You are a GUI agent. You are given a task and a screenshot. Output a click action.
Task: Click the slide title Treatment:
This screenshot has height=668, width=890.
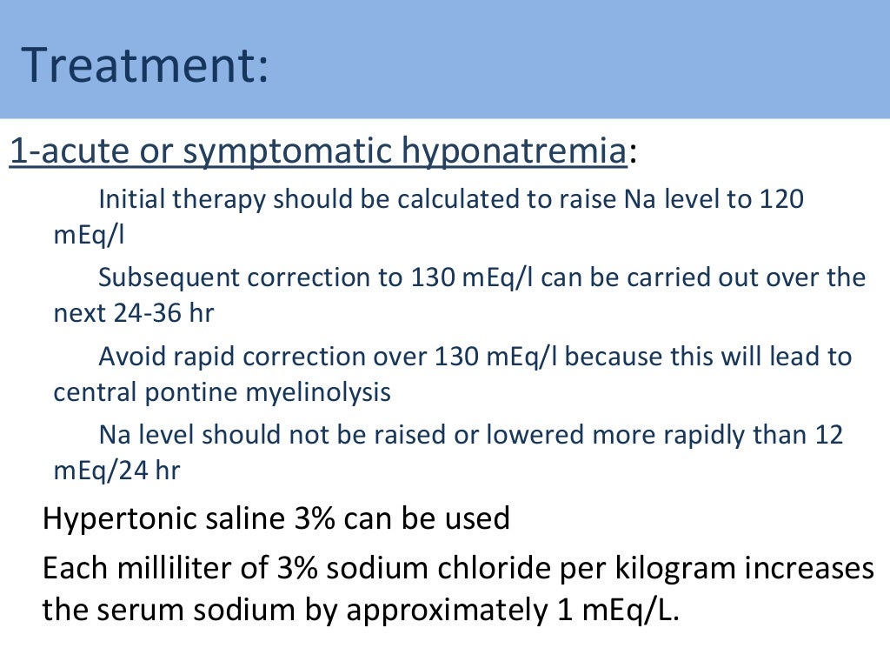click(145, 65)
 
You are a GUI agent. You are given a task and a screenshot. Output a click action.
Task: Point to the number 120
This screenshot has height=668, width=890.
click(781, 199)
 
